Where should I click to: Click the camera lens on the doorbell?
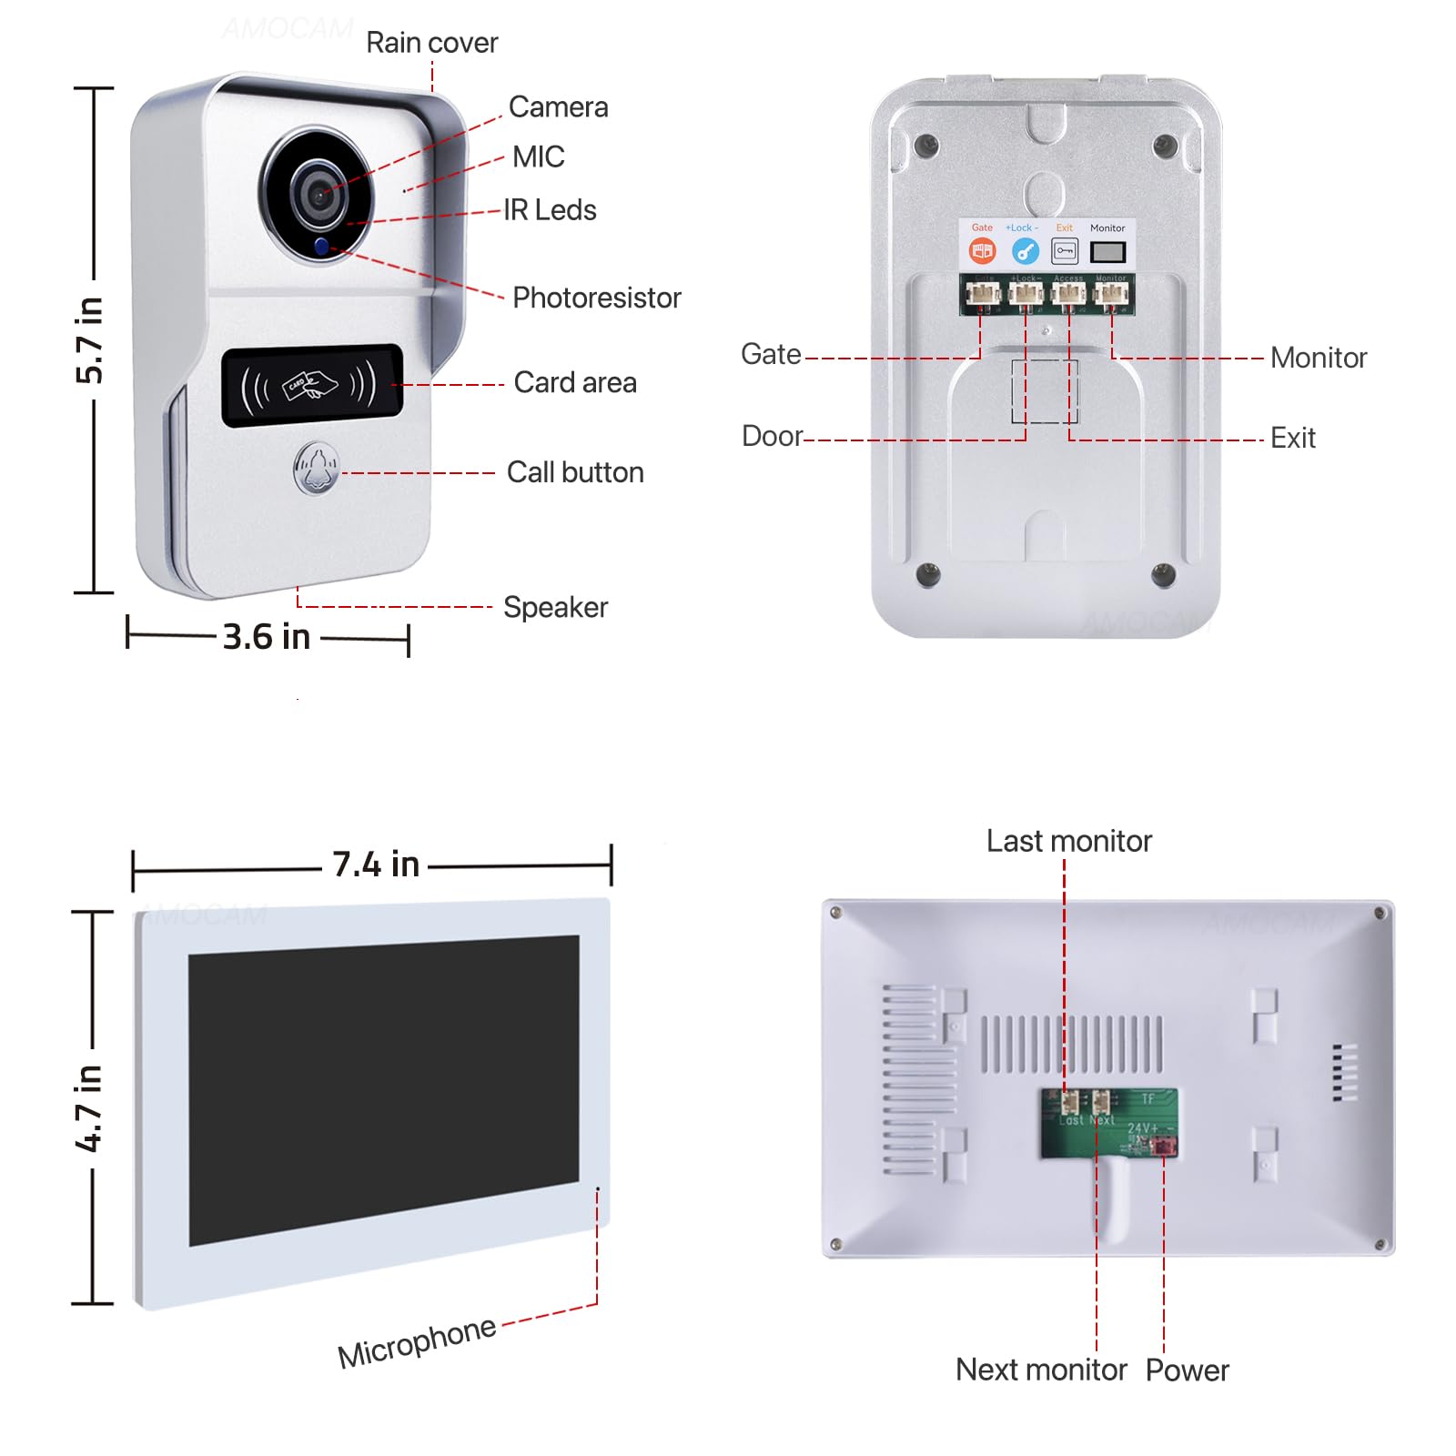coord(318,194)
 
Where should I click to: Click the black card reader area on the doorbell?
coord(312,385)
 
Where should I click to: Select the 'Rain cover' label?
coord(431,43)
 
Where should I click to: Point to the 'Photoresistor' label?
coord(596,298)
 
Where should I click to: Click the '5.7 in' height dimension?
coord(90,339)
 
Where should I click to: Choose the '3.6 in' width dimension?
coord(267,637)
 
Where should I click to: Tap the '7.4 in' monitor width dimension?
coord(376,864)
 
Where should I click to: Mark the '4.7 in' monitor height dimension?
coord(89,1107)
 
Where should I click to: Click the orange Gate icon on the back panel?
coord(982,250)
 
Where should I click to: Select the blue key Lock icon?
coord(1025,250)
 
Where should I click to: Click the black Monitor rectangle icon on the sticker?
coord(1107,251)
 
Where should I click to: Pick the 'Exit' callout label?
coord(1292,438)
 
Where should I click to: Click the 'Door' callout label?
coord(772,436)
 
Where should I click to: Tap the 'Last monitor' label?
coord(1068,841)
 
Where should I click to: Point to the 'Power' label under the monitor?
coord(1187,1370)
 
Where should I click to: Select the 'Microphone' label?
coord(417,1342)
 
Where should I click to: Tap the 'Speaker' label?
coord(555,607)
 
